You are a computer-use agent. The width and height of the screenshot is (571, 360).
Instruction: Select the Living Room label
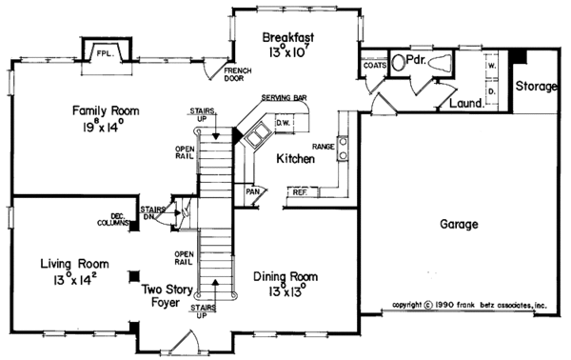tap(73, 263)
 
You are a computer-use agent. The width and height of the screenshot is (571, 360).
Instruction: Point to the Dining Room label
tap(285, 277)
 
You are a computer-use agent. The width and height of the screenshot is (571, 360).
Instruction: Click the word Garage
tap(459, 226)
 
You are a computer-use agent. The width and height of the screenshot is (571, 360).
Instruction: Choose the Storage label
tap(536, 87)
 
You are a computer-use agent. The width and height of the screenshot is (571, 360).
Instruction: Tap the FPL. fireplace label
tap(103, 54)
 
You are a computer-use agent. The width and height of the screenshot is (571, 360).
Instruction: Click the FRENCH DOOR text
tap(236, 76)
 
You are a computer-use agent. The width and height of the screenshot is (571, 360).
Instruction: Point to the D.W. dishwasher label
tap(283, 123)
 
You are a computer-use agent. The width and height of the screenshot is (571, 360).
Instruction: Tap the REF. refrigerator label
tap(298, 193)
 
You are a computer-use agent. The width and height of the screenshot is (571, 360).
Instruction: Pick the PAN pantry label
tap(252, 190)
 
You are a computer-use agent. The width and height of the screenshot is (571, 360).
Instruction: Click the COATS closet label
tap(374, 66)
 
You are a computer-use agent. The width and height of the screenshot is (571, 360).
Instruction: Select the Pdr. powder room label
tap(415, 59)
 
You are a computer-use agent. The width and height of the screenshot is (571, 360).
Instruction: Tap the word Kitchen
tap(295, 159)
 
